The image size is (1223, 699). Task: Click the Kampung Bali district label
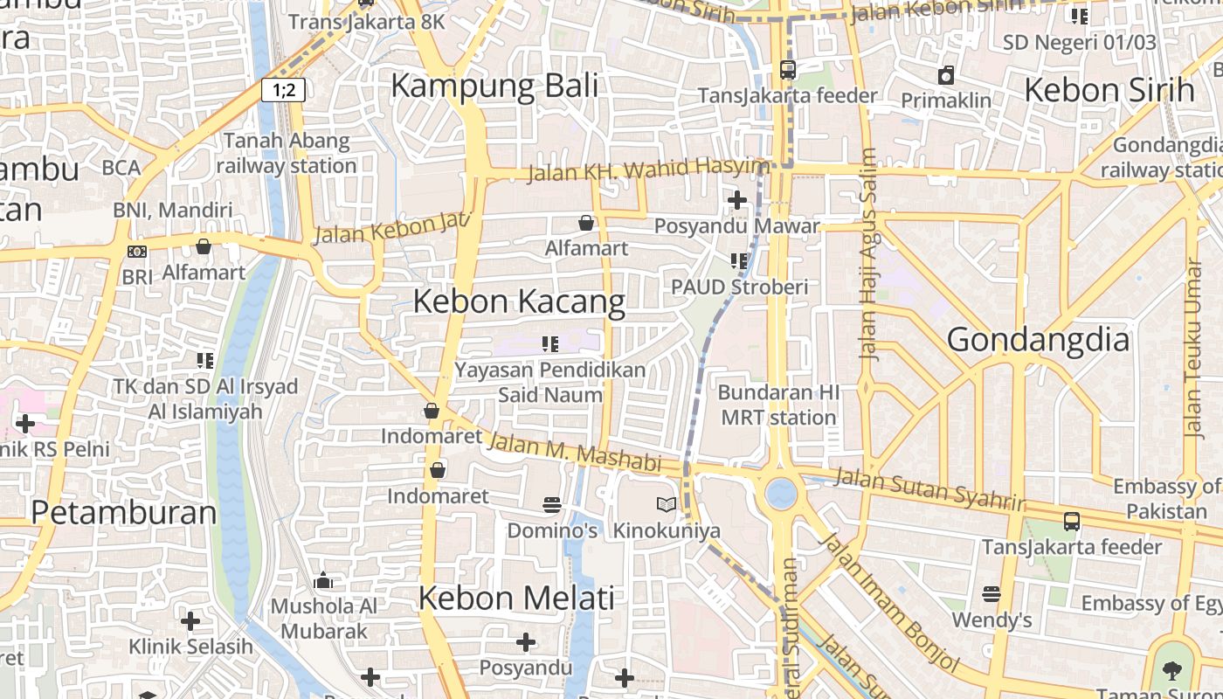coord(494,86)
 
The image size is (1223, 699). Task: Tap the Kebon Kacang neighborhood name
coord(519,301)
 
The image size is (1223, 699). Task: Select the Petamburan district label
coord(124,513)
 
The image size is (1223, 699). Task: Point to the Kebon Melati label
coord(516,599)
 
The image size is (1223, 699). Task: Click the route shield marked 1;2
coord(283,89)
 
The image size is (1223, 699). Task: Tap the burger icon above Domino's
coord(551,504)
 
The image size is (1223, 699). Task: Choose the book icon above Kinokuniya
coord(667,504)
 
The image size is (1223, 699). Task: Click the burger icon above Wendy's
coord(991,594)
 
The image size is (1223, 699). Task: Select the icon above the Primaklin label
coord(946,75)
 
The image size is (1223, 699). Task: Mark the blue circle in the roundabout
coord(781,494)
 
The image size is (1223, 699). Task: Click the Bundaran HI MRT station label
coord(778,405)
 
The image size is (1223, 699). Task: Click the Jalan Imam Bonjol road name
coord(887,603)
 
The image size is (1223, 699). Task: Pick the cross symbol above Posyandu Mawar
coord(737,200)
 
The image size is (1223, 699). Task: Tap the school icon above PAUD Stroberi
coord(739,260)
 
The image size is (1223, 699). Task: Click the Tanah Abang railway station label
coord(287,153)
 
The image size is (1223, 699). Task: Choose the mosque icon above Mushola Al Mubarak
coord(323,580)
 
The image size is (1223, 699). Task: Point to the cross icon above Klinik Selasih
coord(190,621)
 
